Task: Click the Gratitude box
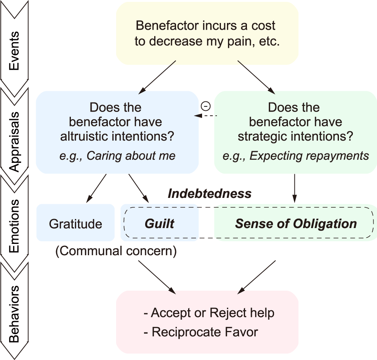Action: point(75,224)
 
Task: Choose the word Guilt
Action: point(159,224)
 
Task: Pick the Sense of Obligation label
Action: point(296,224)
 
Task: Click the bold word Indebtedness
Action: point(209,194)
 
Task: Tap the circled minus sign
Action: point(206,106)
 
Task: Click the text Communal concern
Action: point(116,251)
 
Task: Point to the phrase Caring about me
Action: point(117,156)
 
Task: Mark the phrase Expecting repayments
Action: point(296,156)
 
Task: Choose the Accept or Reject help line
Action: point(209,313)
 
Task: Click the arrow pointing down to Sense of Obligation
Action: point(295,188)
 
